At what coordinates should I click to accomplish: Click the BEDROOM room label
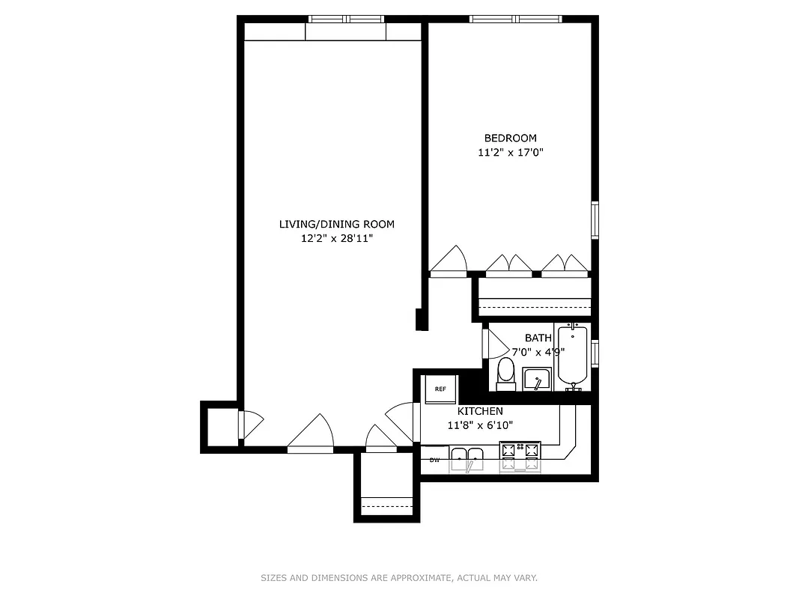pyautogui.click(x=510, y=138)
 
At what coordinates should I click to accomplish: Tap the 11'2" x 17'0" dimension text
pyautogui.click(x=510, y=153)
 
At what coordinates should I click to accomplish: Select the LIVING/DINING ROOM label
pyautogui.click(x=336, y=224)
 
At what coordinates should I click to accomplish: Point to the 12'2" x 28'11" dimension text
pyautogui.click(x=336, y=239)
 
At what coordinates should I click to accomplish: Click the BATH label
pyautogui.click(x=538, y=338)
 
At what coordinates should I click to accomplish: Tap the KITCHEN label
pyautogui.click(x=480, y=411)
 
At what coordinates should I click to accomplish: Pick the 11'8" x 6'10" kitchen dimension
pyautogui.click(x=480, y=425)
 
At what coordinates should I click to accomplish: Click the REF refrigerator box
pyautogui.click(x=441, y=389)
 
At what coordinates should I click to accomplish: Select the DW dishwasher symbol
pyautogui.click(x=434, y=460)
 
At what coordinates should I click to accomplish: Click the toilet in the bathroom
pyautogui.click(x=506, y=373)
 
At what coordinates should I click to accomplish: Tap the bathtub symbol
pyautogui.click(x=574, y=357)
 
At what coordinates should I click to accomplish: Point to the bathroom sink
pyautogui.click(x=537, y=380)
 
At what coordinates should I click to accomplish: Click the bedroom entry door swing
pyautogui.click(x=449, y=263)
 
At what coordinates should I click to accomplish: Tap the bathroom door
pyautogui.click(x=493, y=345)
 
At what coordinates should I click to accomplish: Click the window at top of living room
pyautogui.click(x=346, y=20)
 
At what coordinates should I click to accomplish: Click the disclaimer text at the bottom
pyautogui.click(x=399, y=577)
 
